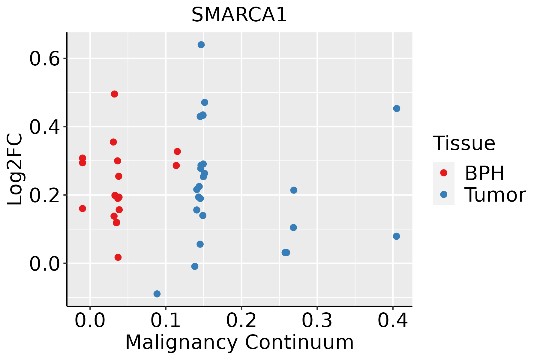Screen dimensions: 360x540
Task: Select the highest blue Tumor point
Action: (201, 45)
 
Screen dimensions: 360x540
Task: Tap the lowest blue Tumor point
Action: (157, 294)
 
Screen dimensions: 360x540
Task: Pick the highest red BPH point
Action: (114, 94)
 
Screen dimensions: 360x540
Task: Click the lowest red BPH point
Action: (118, 257)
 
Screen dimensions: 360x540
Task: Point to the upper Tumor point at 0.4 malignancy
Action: (397, 108)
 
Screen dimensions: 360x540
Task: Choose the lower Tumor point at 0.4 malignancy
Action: (396, 236)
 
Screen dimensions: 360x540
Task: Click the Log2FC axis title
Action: (15, 169)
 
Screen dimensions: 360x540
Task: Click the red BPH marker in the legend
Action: (443, 173)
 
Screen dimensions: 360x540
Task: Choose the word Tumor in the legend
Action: (495, 195)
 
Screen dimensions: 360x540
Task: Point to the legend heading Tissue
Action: (464, 143)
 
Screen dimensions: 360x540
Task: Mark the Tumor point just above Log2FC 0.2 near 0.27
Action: (294, 190)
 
